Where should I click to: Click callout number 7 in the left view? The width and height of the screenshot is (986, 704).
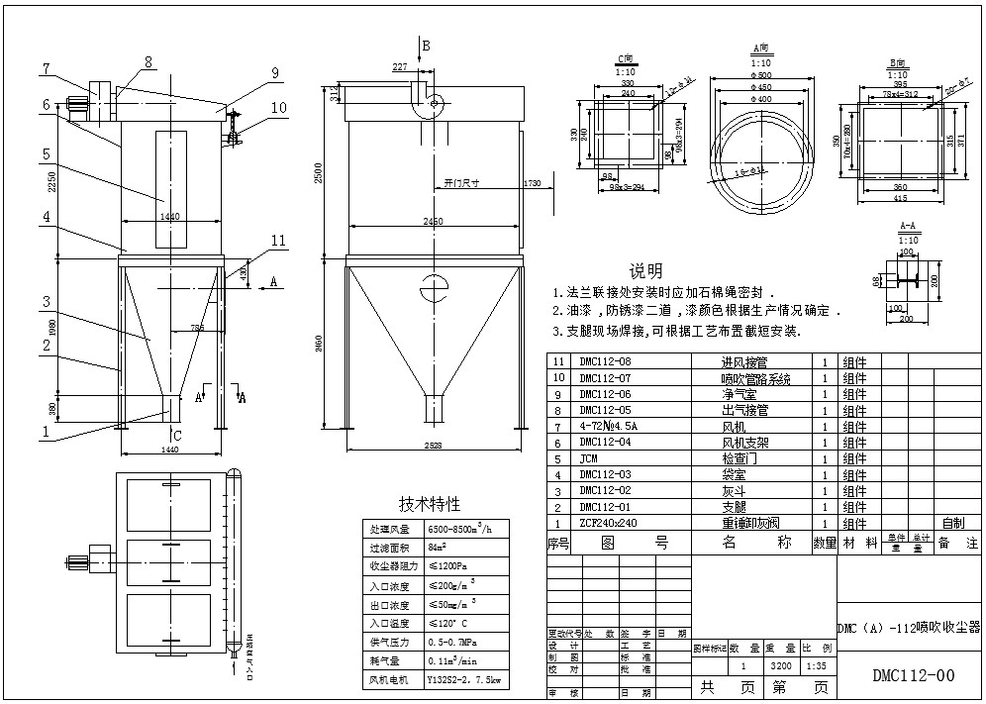(47, 68)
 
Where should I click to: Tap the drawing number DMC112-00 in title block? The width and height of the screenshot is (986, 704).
(913, 676)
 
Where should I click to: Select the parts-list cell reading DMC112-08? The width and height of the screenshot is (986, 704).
(605, 362)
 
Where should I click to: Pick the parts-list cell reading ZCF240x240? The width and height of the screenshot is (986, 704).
(608, 524)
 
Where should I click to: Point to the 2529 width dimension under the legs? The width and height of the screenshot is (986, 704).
(429, 447)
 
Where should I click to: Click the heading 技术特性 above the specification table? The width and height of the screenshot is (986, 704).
(429, 504)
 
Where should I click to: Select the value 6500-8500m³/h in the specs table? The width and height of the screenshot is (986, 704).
(459, 528)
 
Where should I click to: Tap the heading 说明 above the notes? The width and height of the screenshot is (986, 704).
(645, 270)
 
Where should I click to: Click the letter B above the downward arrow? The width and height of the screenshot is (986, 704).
(427, 46)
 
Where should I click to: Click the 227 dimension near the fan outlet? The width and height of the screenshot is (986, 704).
(399, 68)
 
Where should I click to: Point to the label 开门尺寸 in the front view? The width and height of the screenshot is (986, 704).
(461, 184)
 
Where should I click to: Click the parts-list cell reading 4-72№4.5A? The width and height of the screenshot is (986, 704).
(609, 427)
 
